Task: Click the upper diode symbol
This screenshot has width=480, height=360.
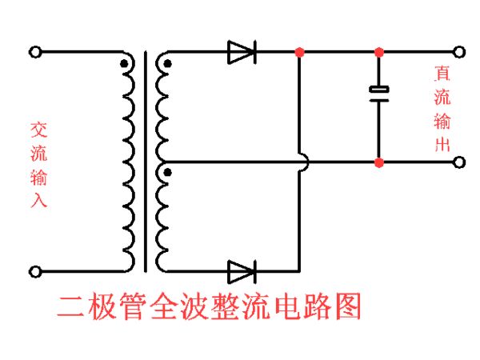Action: point(241,53)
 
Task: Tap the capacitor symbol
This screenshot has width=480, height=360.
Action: point(378,93)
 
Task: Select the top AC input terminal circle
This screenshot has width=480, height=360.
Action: point(34,53)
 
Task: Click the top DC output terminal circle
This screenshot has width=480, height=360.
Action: point(459,53)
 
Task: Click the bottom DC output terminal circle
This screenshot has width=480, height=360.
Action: point(459,162)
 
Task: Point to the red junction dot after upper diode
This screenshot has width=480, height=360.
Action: point(299,53)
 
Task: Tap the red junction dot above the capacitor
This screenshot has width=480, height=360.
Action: point(378,53)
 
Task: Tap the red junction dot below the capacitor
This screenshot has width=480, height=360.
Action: point(378,162)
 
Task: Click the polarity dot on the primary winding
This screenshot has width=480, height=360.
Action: point(123,63)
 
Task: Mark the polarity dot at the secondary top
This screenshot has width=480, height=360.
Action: point(166,63)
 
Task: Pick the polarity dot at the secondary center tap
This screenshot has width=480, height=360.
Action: point(166,171)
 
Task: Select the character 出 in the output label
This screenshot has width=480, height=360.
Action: point(442,146)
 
